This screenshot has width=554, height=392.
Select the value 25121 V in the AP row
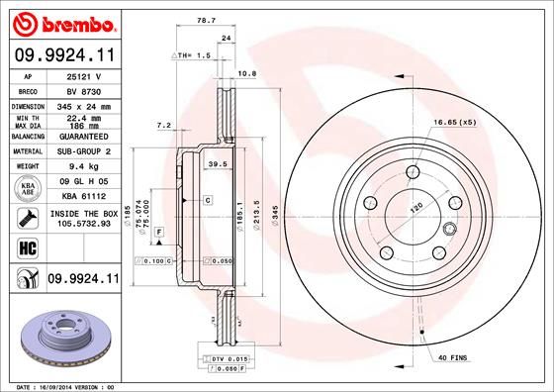[x=79, y=75]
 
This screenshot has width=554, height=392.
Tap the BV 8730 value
[x=79, y=90]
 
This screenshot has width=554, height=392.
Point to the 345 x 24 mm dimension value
[x=79, y=105]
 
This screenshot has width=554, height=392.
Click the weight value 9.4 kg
[x=79, y=166]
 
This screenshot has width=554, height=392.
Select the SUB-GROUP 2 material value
[x=79, y=151]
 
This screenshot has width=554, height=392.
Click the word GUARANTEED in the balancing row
[x=79, y=136]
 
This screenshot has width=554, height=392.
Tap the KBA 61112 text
[x=79, y=196]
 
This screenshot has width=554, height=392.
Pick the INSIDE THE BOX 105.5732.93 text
[x=79, y=219]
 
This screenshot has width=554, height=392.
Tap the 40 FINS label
[x=453, y=357]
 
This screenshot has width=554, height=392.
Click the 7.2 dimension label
[x=164, y=126]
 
